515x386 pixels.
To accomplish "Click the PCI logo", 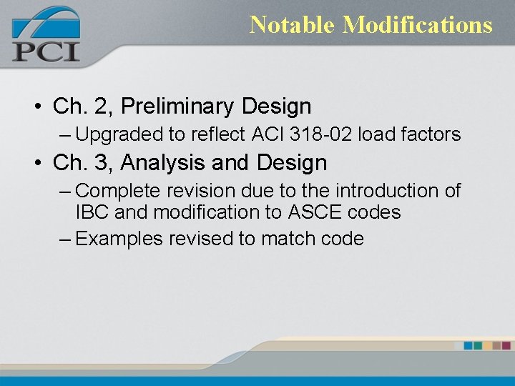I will [x=46, y=34].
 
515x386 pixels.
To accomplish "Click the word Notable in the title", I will [x=293, y=25].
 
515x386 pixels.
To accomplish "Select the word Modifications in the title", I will [x=418, y=25].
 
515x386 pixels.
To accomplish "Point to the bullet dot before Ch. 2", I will [x=36, y=107].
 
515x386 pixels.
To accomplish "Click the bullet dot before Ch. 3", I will [x=36, y=164].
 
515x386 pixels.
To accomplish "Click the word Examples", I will [x=119, y=239].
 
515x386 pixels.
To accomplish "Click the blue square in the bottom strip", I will [x=469, y=345].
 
